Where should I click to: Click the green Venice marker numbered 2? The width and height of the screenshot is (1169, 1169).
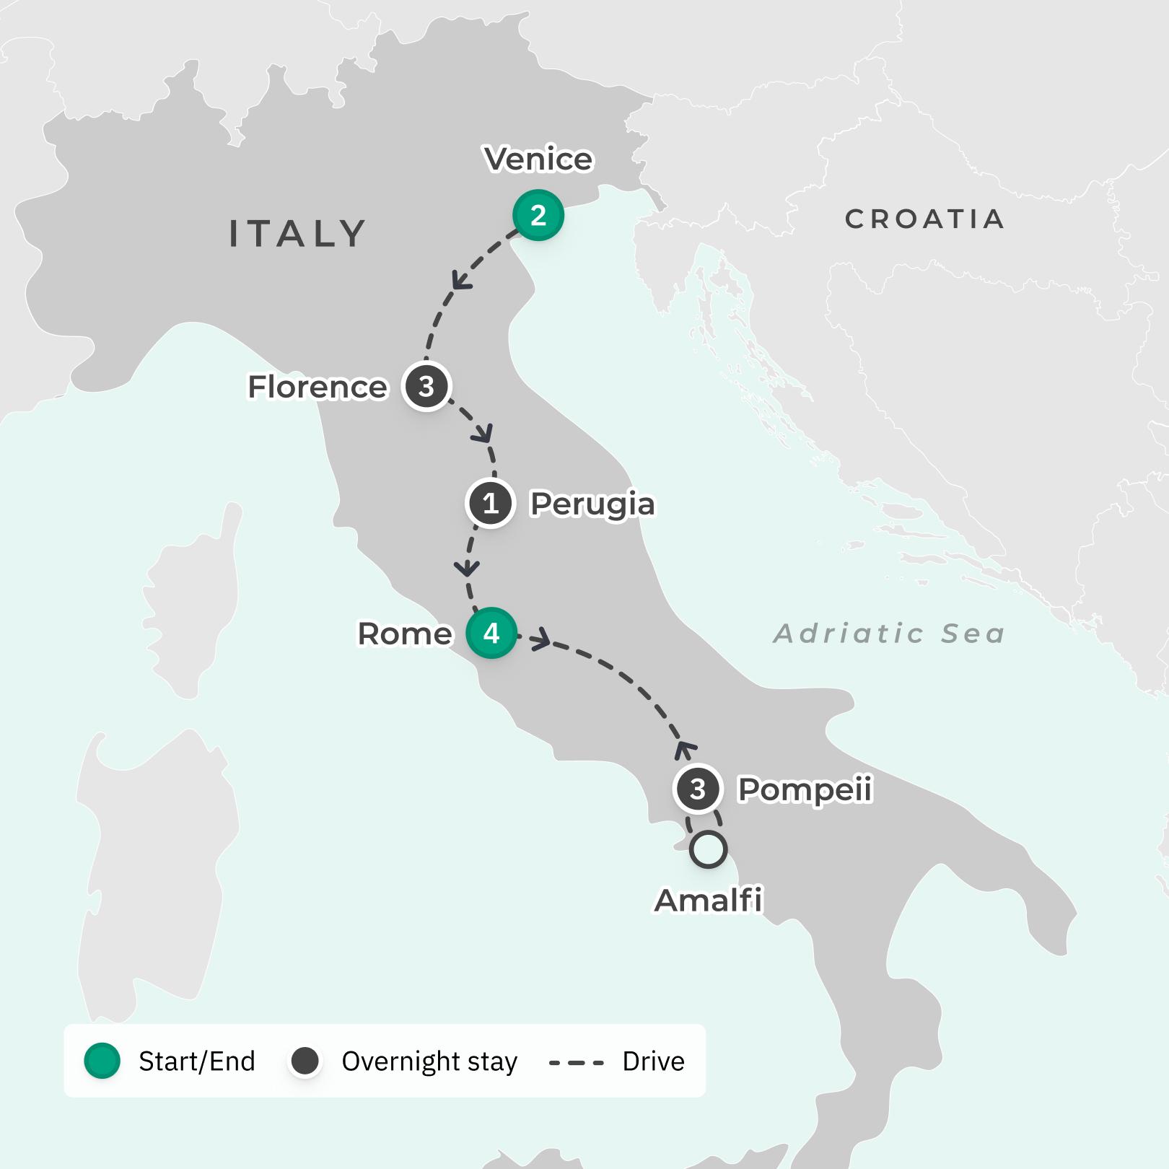tap(538, 215)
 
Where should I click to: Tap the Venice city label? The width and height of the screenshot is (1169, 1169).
tap(538, 159)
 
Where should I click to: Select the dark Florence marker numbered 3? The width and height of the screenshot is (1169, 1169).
tap(426, 386)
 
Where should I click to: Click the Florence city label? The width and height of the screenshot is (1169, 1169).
tap(318, 387)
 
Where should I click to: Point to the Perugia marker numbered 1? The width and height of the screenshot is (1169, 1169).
tap(491, 503)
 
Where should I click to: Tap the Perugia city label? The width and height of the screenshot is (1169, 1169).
tap(592, 504)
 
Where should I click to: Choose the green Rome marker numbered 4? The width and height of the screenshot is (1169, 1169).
tap(491, 633)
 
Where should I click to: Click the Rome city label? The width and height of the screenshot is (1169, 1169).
tap(405, 634)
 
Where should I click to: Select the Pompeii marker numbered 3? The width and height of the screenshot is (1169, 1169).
tap(697, 789)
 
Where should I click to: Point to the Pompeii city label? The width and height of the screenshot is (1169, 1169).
tap(805, 789)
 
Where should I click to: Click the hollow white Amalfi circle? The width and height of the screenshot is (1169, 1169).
tap(708, 849)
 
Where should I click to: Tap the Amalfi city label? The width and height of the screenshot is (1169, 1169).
tap(709, 900)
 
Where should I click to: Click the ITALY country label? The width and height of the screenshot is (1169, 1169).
tap(297, 234)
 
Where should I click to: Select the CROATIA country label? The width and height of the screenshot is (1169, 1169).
tap(924, 219)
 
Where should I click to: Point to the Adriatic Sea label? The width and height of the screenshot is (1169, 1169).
tap(889, 634)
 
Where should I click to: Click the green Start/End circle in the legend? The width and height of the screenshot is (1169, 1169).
tap(102, 1061)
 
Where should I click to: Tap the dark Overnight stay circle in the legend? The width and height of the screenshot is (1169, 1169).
tap(305, 1061)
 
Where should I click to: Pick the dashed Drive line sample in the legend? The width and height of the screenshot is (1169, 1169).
tap(576, 1062)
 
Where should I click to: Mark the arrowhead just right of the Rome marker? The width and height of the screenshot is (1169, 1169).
tap(541, 639)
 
